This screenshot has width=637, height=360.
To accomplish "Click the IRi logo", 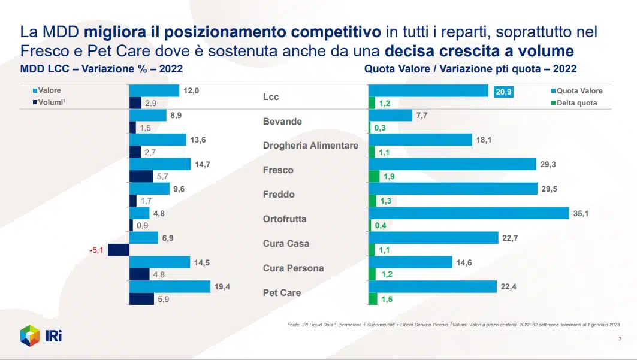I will point(41,335).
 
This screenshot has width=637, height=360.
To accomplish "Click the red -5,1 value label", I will point(96,250).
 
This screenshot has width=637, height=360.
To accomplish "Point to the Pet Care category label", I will point(282,293).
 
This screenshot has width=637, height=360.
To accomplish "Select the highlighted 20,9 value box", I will point(503,91).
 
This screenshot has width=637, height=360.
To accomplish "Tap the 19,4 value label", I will point(222,287).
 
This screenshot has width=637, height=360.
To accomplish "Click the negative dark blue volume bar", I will point(119,250).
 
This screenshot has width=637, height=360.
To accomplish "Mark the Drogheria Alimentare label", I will point(310,146).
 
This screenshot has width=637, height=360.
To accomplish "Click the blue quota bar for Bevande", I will point(390,115).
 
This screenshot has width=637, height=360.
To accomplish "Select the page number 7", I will point(619,339).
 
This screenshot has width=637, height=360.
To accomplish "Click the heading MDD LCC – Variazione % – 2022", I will point(101,69).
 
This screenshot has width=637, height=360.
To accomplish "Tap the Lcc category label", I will point(271,97).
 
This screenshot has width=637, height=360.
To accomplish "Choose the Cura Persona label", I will point(293,268).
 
